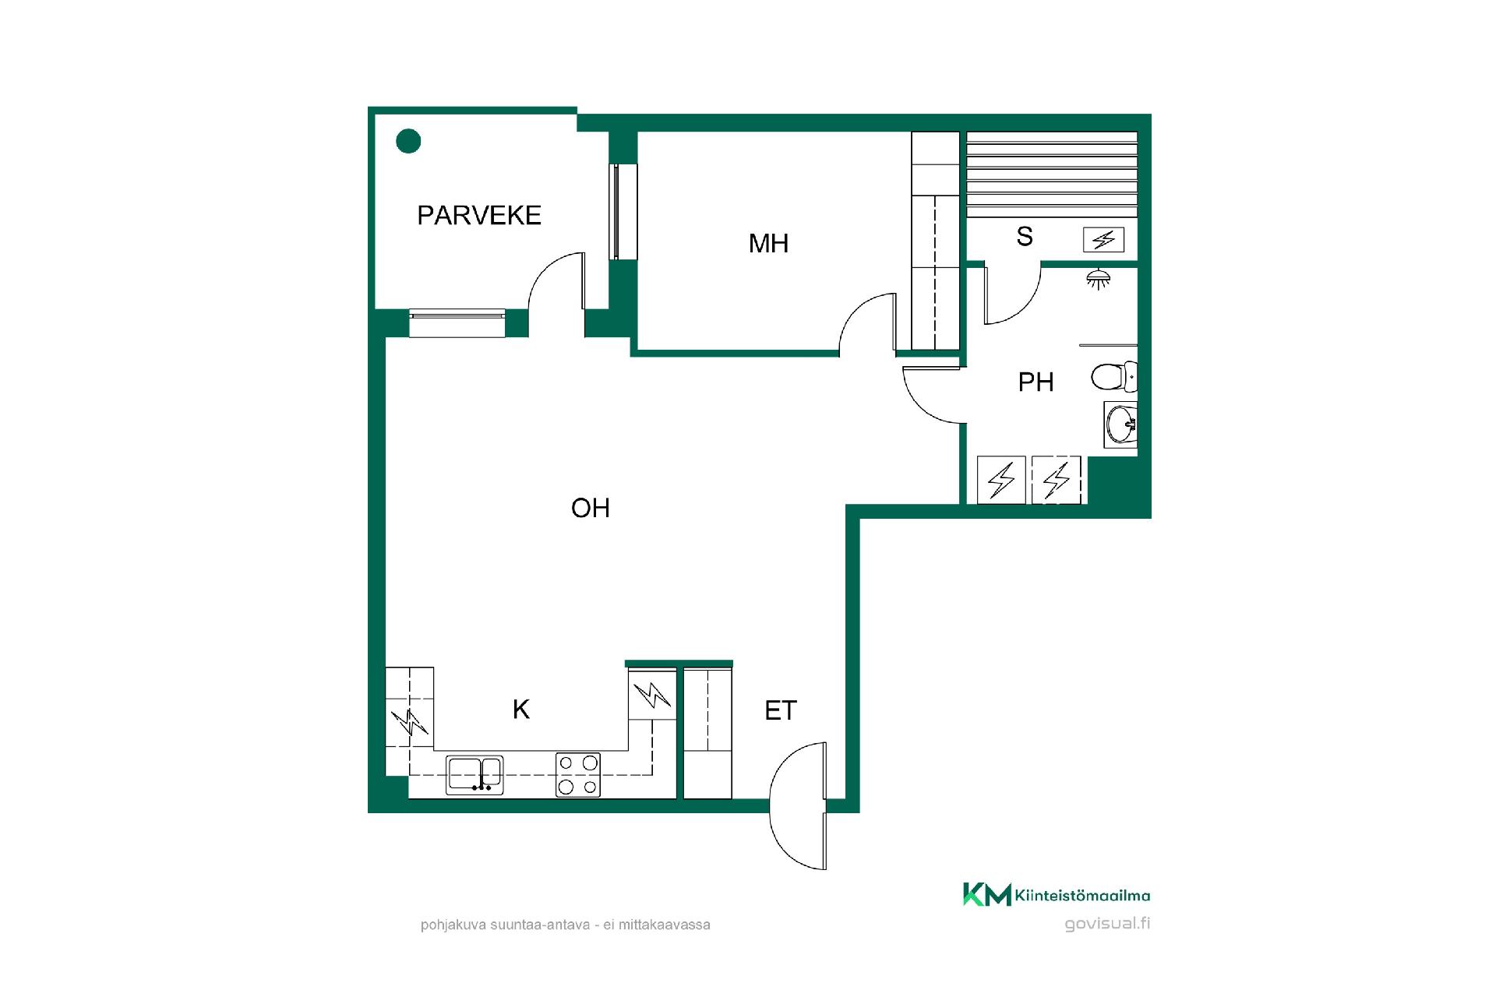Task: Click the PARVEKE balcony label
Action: tap(479, 215)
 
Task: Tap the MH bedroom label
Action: tap(768, 243)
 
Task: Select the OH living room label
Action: tap(590, 508)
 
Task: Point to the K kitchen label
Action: tap(521, 709)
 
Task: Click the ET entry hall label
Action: tap(781, 710)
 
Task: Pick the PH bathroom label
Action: tap(1036, 382)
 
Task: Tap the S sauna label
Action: tap(1025, 236)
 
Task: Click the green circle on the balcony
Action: tap(408, 141)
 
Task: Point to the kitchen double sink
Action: tap(475, 775)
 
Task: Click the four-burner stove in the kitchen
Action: tap(578, 774)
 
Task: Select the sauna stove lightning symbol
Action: tap(1103, 240)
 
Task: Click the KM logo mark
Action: tap(987, 894)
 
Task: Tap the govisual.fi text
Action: tap(1107, 924)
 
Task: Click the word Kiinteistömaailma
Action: tap(1082, 896)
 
